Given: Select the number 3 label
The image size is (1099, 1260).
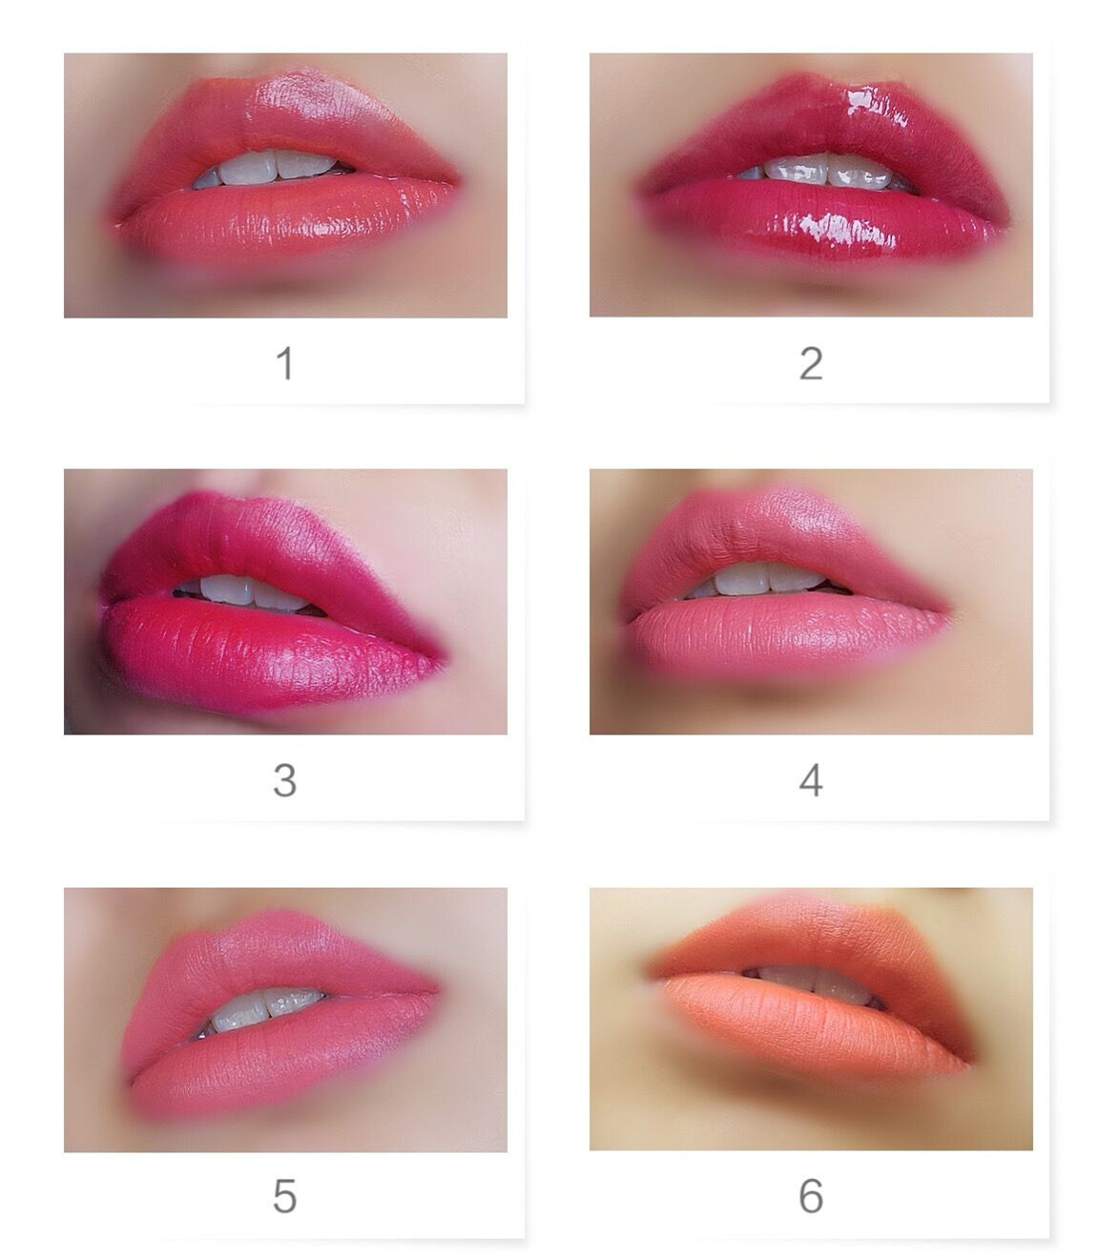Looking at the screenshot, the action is (284, 780).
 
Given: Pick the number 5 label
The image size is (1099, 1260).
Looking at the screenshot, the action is (284, 1196).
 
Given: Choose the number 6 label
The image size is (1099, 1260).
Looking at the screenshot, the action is (811, 1196).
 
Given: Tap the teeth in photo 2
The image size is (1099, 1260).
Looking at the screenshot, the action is (825, 171).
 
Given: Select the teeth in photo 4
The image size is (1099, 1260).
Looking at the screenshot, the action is (764, 580).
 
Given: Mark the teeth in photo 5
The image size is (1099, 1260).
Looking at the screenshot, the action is (261, 1010).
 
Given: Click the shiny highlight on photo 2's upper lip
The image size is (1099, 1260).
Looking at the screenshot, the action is (875, 105).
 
